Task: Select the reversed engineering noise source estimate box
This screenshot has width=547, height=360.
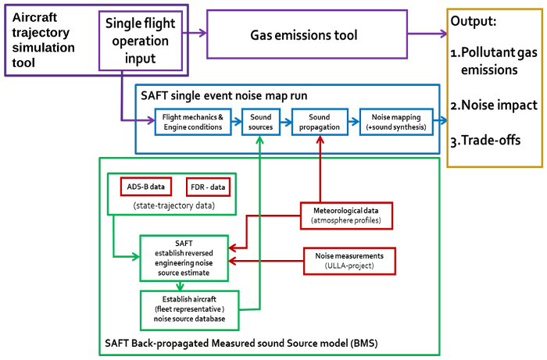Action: click(x=184, y=256)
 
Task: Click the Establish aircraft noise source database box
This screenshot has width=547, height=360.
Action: click(x=188, y=308)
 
